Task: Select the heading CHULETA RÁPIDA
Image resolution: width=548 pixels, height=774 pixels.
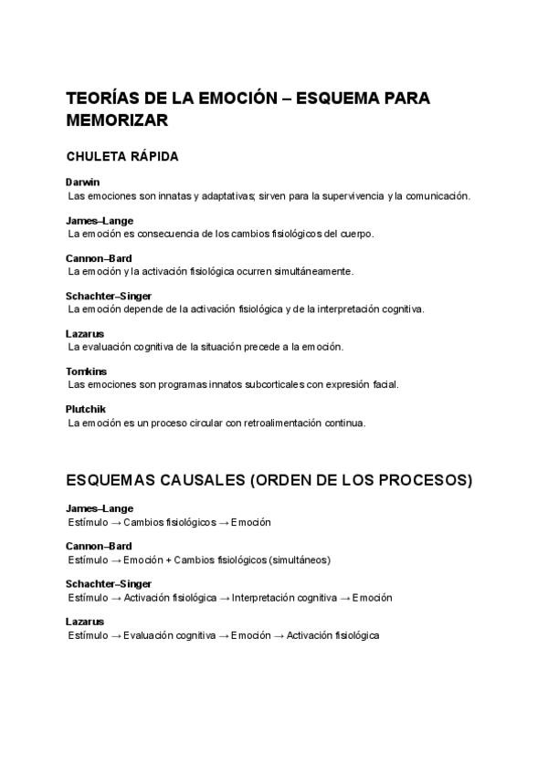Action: pos(122,156)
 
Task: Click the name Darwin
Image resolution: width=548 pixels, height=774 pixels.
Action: pos(83,183)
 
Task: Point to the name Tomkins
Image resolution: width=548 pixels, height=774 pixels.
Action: pos(87,371)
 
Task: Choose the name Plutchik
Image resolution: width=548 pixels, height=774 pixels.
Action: pos(87,409)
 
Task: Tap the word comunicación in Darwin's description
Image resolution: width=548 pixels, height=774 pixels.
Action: pos(434,195)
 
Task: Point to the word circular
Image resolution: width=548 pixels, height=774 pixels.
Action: pos(193,423)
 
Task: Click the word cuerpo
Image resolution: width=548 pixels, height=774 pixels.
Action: pos(355,234)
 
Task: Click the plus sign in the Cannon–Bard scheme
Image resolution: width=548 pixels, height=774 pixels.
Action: pos(168,560)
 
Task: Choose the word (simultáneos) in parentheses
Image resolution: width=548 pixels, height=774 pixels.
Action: pos(300,560)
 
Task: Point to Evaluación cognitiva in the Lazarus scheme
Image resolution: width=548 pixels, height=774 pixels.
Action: pos(168,635)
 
